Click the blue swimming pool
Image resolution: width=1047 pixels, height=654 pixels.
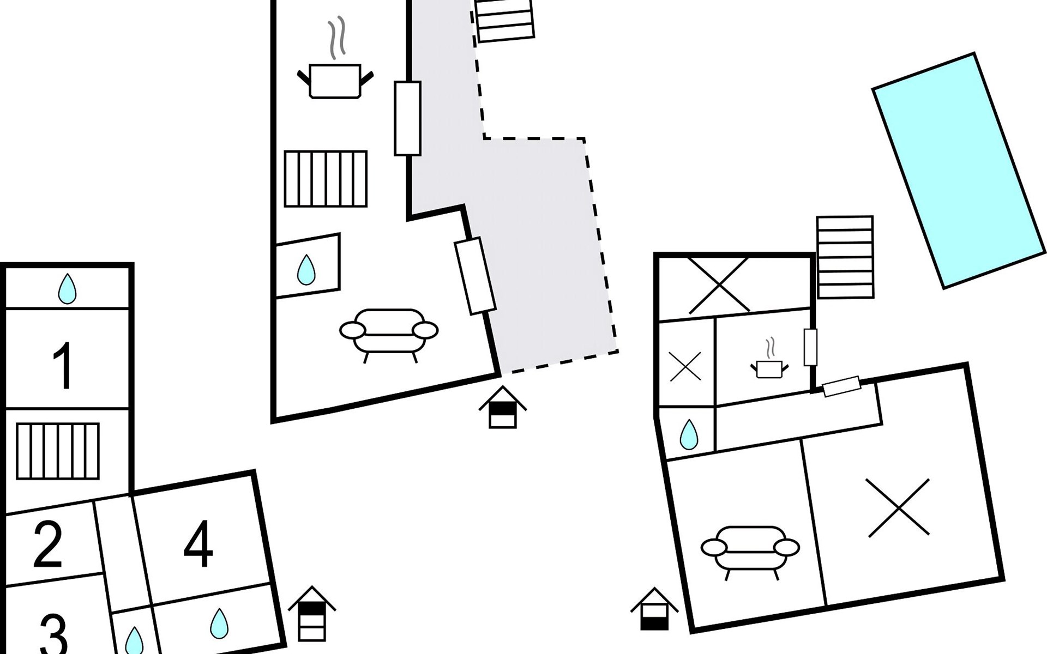tap(959, 170)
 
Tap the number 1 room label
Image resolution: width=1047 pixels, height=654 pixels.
tap(64, 366)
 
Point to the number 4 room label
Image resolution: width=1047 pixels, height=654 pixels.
tap(198, 544)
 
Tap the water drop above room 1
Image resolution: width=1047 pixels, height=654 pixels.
tap(67, 288)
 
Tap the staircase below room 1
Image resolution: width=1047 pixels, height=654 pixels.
tap(58, 451)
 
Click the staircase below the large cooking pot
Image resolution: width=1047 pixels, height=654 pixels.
tap(326, 179)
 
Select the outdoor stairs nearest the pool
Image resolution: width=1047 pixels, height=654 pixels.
tap(845, 257)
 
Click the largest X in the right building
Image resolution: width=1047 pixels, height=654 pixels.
tap(897, 507)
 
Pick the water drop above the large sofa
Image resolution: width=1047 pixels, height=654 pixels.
tap(306, 270)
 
